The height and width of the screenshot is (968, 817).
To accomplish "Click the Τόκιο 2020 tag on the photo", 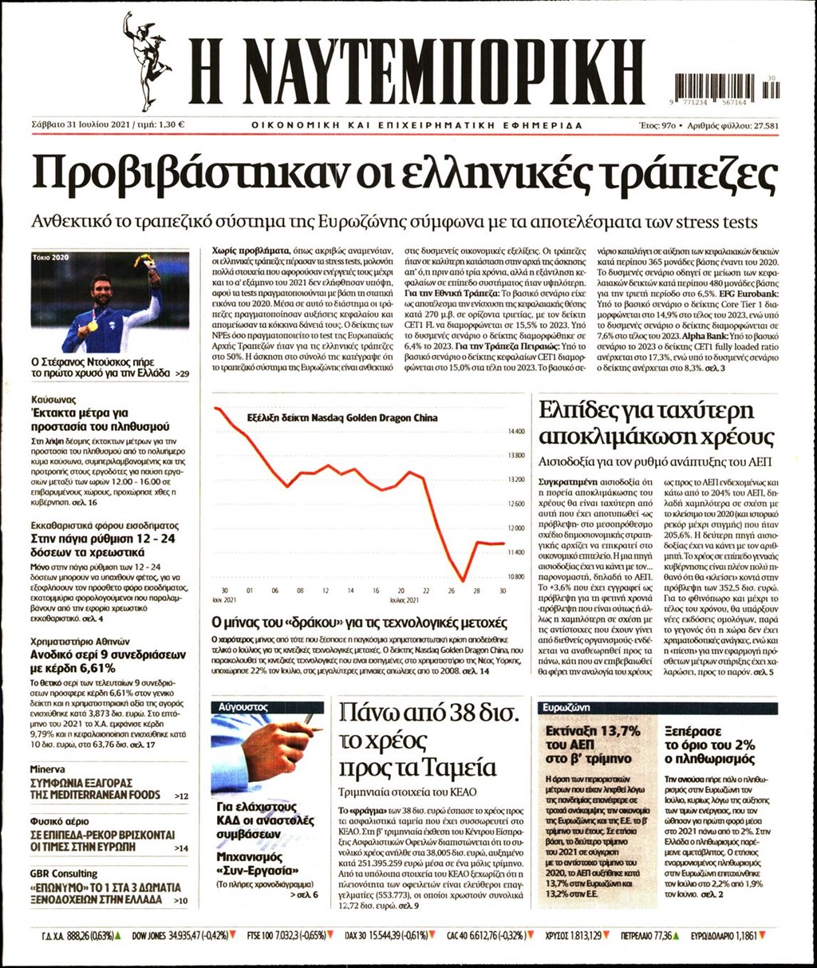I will coord(53,259).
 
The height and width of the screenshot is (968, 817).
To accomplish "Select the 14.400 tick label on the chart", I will coord(516,432).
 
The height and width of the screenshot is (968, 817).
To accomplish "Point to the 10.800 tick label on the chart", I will coord(516,576).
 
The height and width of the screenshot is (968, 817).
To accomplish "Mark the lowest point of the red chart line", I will coord(463,580).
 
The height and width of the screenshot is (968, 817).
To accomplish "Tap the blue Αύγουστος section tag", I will coord(240,707).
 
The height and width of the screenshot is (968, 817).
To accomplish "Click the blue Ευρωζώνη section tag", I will coord(565,707).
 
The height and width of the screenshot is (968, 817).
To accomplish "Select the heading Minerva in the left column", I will coord(47,769).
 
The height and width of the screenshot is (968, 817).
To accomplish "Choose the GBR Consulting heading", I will coord(64,874).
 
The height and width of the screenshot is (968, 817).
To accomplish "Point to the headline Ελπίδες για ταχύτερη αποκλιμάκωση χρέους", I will coord(656,424).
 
